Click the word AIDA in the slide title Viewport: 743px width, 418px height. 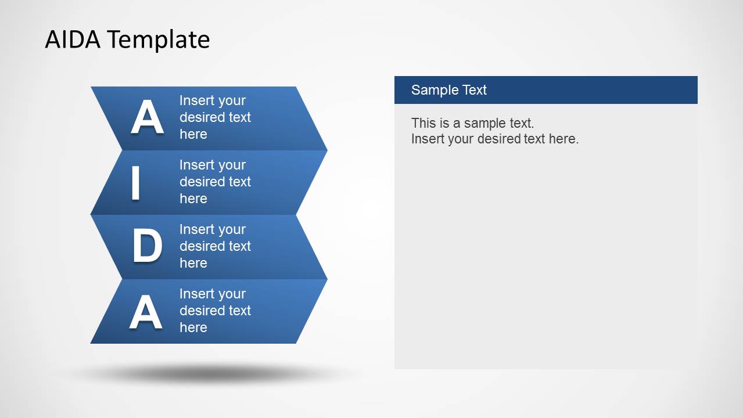coord(73,39)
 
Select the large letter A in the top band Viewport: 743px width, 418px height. coord(146,118)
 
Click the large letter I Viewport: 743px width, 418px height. coord(135,183)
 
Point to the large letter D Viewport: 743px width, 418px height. coord(146,247)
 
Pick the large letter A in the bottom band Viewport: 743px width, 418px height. coord(145,312)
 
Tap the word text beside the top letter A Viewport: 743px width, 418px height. coord(239,117)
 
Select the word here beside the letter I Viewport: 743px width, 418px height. coord(193,199)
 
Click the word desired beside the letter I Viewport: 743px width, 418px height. coord(201,182)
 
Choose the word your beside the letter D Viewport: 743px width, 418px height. coord(231,229)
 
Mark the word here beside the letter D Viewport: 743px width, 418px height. coord(193,263)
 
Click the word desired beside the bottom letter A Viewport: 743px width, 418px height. coord(201,311)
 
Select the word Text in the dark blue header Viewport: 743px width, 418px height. coord(474,90)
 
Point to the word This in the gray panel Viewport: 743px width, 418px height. coord(422,122)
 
